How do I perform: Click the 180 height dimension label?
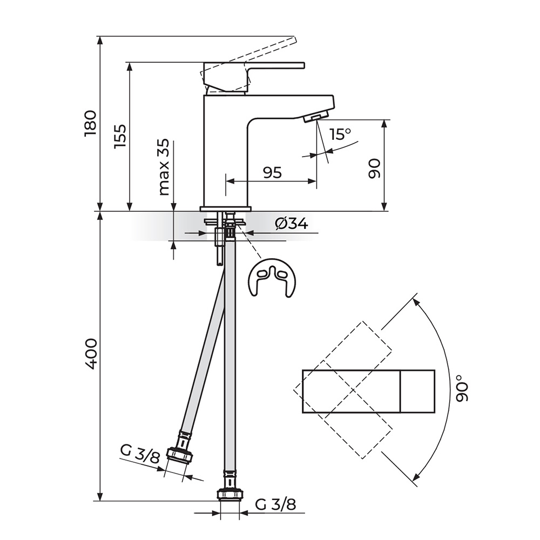90,123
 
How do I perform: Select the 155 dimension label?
120,137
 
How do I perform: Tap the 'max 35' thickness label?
164,167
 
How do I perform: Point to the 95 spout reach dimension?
273,173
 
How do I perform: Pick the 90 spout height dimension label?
374,168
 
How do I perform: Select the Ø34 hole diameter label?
292,224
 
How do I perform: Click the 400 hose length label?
91,354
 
